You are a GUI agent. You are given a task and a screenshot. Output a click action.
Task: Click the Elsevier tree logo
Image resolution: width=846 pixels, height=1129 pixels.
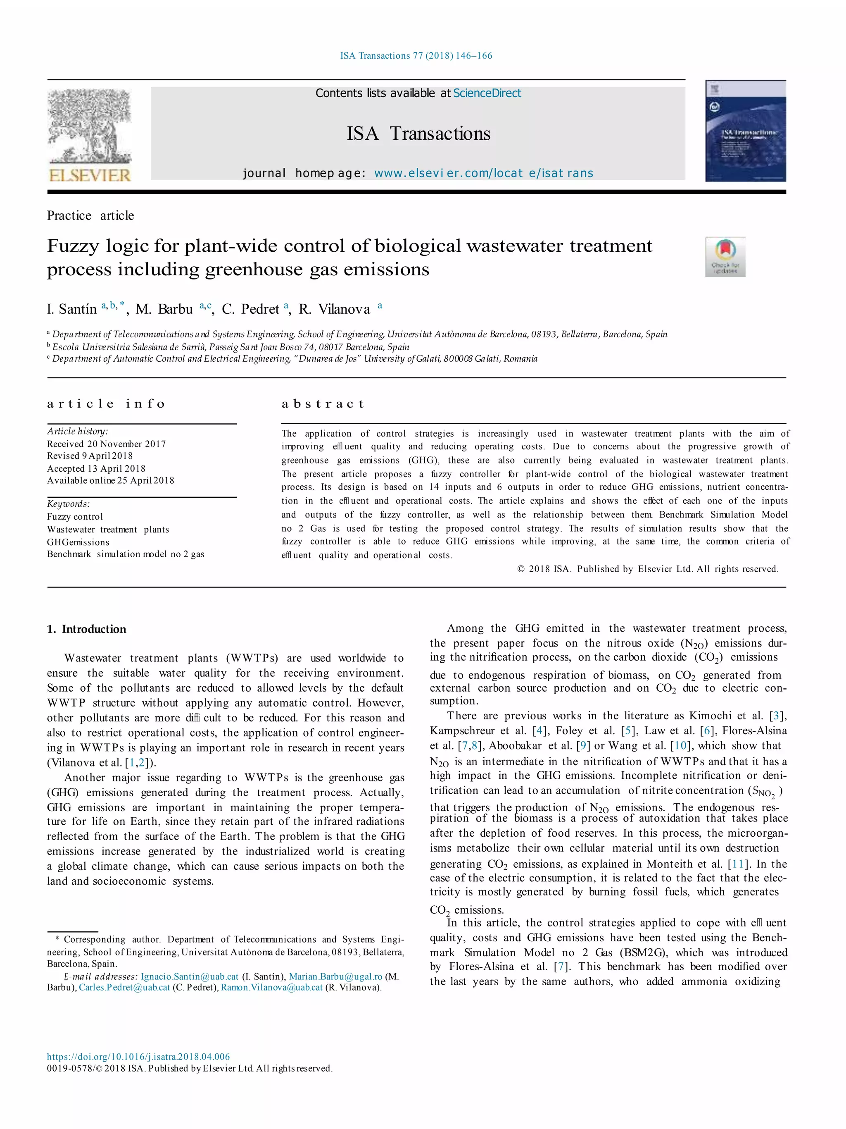[x=90, y=135]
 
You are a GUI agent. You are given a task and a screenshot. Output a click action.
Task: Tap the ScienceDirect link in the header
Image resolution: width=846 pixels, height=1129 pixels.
[x=487, y=93]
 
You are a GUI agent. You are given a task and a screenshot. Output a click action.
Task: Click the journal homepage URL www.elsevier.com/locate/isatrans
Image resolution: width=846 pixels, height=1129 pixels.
[x=483, y=174]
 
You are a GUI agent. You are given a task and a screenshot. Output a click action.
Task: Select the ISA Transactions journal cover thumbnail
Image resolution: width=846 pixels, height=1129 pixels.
[x=745, y=131]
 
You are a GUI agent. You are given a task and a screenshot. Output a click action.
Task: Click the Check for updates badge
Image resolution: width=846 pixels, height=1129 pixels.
[x=725, y=257]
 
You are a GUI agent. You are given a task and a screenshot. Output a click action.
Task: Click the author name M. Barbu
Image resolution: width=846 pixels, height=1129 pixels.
[x=164, y=309]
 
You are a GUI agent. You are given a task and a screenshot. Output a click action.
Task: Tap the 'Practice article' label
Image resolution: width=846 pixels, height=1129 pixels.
[x=90, y=216]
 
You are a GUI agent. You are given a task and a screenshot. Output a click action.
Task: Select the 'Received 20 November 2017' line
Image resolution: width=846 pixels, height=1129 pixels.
[x=106, y=444]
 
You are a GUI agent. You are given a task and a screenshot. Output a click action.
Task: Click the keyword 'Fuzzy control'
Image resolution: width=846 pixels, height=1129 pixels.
[x=75, y=516]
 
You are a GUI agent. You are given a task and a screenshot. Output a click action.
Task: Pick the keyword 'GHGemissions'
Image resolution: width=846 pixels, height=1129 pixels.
[x=78, y=542]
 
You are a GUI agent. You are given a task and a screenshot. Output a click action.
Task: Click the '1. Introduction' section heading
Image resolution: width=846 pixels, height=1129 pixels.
[x=87, y=629]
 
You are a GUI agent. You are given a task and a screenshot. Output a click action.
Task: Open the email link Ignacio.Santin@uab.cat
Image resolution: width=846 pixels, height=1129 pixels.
[x=189, y=976]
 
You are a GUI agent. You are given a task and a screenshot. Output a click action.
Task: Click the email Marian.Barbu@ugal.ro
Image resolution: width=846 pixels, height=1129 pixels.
[x=335, y=976]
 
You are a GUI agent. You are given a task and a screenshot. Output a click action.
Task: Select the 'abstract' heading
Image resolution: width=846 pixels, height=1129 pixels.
[x=323, y=404]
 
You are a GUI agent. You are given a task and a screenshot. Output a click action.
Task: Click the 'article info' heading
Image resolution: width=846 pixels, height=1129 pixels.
[x=106, y=404]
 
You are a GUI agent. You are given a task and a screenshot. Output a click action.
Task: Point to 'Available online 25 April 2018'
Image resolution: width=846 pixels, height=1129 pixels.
[x=110, y=480]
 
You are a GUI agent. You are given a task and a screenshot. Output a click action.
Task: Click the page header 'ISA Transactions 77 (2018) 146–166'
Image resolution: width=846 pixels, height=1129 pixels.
[x=416, y=56]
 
